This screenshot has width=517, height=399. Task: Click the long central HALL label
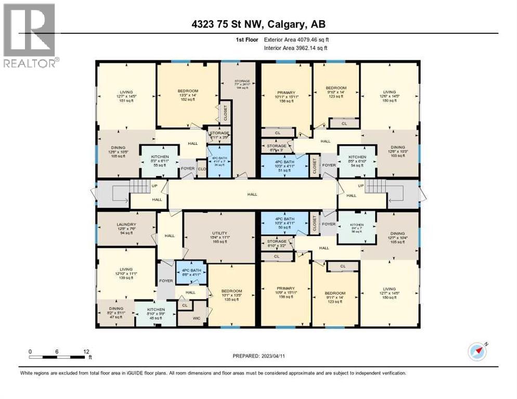coord(252,194)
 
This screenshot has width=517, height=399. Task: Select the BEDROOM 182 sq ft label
coord(188,95)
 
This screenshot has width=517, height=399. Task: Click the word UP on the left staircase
coord(153,185)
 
